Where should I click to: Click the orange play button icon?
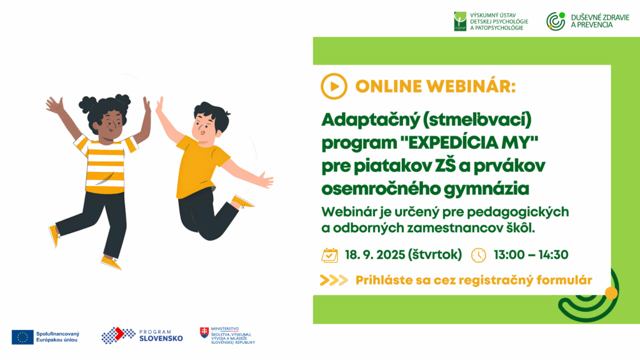pos(334,86)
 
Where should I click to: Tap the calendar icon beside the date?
pos(329,255)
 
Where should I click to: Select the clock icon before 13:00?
pos(478,255)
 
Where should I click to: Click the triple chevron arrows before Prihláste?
pos(334,281)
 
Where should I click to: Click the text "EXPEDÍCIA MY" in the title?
pos(469,143)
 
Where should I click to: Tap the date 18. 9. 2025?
pos(374,255)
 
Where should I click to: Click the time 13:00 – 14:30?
pos(531,255)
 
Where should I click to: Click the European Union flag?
pos(22,337)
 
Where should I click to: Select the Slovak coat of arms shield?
pos(204,332)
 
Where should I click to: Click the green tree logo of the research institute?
pos(460,21)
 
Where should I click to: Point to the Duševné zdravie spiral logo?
pos(556,21)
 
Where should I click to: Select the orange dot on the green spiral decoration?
pos(611,293)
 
